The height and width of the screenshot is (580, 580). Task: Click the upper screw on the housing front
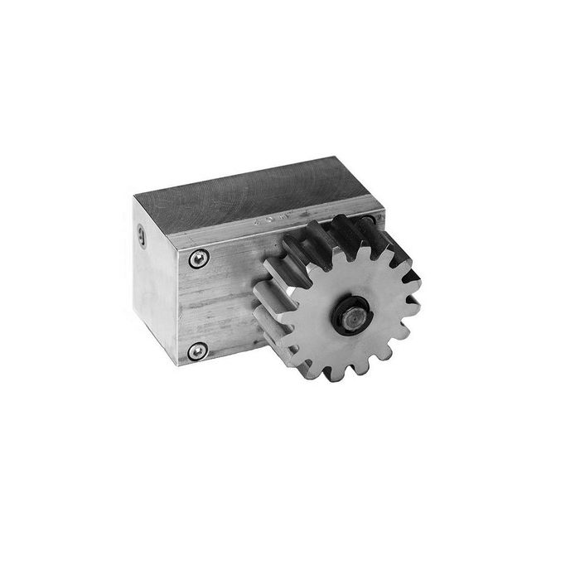[196, 259]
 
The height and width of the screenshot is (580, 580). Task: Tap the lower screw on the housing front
[196, 350]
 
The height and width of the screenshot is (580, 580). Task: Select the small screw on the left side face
[141, 239]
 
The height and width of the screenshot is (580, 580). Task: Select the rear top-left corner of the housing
[135, 196]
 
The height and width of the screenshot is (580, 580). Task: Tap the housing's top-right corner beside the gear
[383, 212]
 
